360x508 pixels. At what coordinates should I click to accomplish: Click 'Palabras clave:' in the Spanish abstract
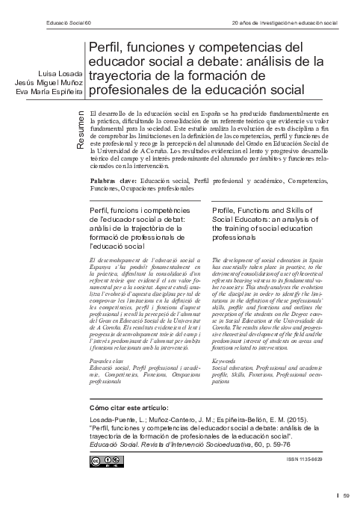click(x=114, y=182)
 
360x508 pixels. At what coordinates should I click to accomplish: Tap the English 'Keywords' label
click(x=226, y=361)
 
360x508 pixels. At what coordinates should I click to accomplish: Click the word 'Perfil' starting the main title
click(x=107, y=48)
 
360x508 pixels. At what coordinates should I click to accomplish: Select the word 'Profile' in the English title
click(x=226, y=213)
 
